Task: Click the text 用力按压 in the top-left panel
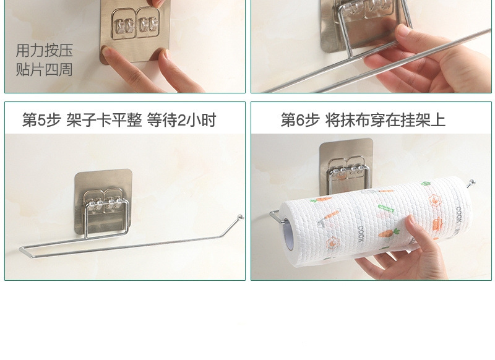44,50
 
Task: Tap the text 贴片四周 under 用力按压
44,69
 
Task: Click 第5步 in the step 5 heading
41,120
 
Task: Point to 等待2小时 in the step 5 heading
181,120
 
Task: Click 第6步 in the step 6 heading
300,120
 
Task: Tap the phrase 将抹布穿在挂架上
385,120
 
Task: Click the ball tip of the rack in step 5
241,217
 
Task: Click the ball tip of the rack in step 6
473,182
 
